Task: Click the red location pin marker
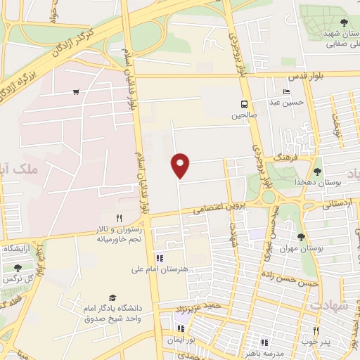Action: pyautogui.click(x=181, y=165)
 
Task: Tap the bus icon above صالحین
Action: pyautogui.click(x=245, y=102)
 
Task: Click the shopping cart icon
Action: pyautogui.click(x=76, y=92)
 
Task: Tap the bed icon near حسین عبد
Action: pyautogui.click(x=286, y=92)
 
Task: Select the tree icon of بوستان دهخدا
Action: pyautogui.click(x=317, y=171)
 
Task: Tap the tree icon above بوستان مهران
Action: pyautogui.click(x=302, y=238)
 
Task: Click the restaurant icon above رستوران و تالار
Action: pyautogui.click(x=119, y=219)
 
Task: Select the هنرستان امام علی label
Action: pyautogui.click(x=160, y=269)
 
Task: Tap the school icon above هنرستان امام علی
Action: pyautogui.click(x=159, y=258)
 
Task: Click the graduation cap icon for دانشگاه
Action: pyautogui.click(x=110, y=298)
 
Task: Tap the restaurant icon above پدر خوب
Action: pyautogui.click(x=316, y=330)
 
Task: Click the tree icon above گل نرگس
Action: pyautogui.click(x=18, y=268)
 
